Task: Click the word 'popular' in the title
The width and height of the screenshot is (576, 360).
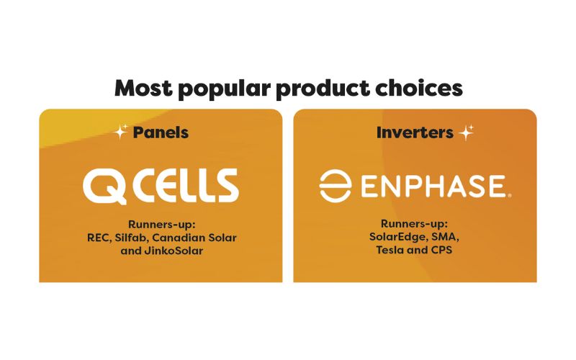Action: point(225,89)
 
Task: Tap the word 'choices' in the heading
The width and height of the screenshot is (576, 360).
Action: point(419,88)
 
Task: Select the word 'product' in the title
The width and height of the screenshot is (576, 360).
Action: point(323,89)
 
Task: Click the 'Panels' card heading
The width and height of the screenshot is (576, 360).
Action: point(161,132)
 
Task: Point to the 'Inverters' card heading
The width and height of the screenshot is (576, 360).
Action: point(415,132)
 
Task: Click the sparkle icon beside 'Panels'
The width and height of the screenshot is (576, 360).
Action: point(120,132)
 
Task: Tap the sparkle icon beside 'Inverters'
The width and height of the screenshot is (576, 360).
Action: point(466,132)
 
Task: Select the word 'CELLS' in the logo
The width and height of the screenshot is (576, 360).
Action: point(186,186)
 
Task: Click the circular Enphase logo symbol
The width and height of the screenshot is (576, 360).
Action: point(335,186)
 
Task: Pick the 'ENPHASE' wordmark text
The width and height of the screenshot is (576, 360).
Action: point(433,186)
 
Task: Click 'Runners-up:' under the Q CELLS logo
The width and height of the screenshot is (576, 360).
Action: point(161,224)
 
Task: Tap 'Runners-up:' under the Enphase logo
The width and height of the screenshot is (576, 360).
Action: point(415,223)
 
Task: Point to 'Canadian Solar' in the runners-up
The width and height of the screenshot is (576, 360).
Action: point(194,238)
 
